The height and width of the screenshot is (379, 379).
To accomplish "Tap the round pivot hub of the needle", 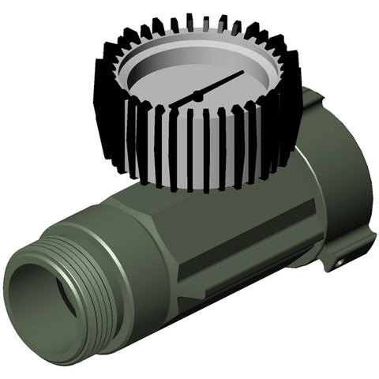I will [x=197, y=96].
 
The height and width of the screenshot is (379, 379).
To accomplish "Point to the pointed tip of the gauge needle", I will [x=243, y=73].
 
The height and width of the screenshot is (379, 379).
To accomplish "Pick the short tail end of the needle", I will [x=178, y=103].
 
